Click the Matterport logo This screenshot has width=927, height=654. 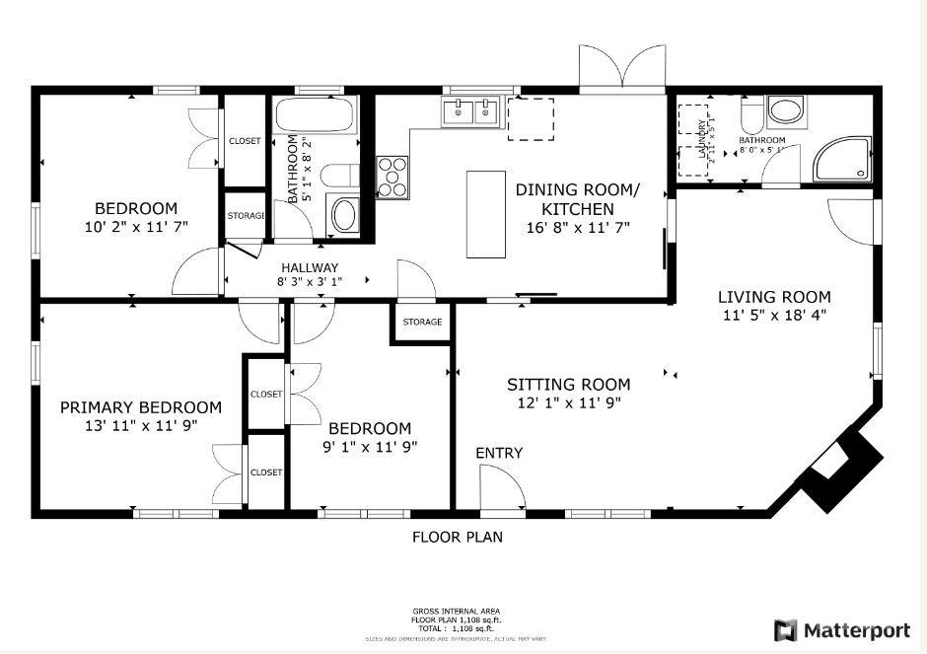click(x=842, y=629)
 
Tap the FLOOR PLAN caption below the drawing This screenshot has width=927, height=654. click(x=457, y=537)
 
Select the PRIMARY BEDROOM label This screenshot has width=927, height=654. click(x=140, y=407)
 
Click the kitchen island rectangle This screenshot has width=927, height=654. click(x=484, y=214)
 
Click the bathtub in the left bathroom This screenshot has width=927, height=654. click(x=312, y=115)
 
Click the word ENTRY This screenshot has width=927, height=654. click(x=499, y=453)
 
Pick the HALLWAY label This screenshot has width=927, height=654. click(x=309, y=267)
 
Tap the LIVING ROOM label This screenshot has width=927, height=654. click(x=773, y=297)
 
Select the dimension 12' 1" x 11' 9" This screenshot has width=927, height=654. click(x=568, y=402)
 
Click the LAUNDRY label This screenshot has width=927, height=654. click(x=702, y=138)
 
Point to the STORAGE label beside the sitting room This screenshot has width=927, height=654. click(x=422, y=322)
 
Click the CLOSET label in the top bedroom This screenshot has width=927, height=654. click(x=245, y=141)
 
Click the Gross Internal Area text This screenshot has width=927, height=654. click(x=456, y=612)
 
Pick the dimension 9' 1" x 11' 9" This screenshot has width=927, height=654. click(x=369, y=446)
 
